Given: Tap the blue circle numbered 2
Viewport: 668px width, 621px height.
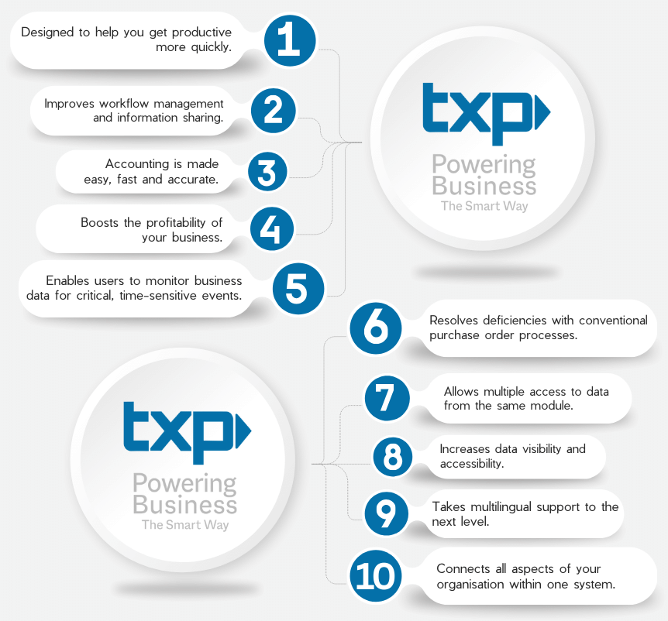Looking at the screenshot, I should pos(273,111).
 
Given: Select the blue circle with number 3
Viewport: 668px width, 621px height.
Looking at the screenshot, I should pos(267,173).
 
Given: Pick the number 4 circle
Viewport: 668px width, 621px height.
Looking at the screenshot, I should pos(270,229).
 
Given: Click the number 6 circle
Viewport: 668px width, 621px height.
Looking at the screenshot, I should pos(377,328).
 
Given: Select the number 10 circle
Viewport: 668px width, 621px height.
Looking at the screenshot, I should pos(377,576).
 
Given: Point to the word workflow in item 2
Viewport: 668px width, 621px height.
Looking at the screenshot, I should pos(114,104).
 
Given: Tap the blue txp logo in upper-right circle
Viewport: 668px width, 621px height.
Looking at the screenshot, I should pos(485,113).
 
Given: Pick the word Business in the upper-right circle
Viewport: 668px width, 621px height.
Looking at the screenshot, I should pos(484,186).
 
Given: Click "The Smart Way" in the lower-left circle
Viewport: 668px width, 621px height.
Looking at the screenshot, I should pos(185,525).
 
